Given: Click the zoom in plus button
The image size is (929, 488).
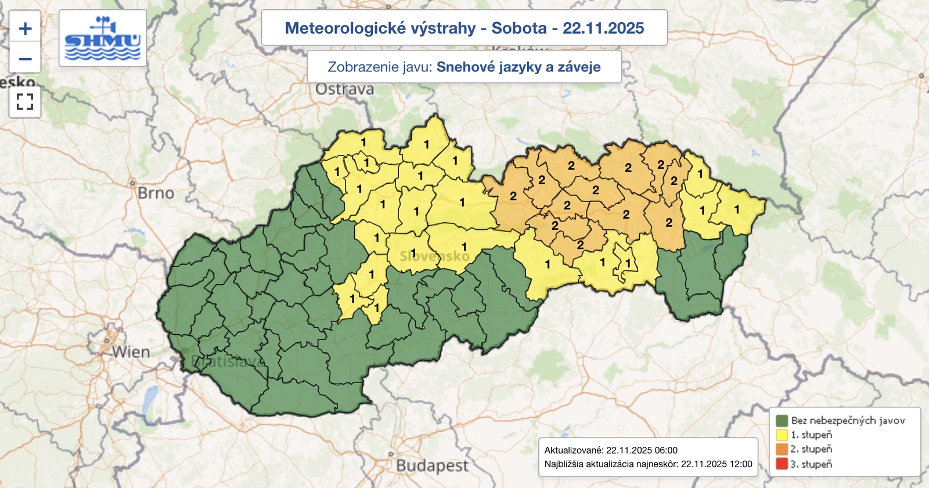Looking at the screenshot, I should click(x=25, y=28).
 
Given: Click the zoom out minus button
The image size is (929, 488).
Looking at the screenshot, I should click(x=25, y=59).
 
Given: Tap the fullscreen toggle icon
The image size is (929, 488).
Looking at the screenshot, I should click(x=25, y=102).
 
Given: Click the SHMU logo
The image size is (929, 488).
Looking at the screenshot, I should click(x=103, y=38).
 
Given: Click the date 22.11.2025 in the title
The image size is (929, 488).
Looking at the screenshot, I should click(x=603, y=28).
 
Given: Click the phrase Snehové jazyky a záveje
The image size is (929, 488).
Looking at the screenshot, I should click(x=518, y=67).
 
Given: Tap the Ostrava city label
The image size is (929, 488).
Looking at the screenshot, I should click(x=345, y=89).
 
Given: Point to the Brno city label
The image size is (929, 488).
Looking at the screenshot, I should click(x=156, y=193).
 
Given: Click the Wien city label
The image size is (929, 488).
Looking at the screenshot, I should click(x=131, y=352).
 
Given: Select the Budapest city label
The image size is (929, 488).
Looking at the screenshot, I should click(x=432, y=466).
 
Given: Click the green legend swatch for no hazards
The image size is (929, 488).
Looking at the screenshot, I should click(x=782, y=421).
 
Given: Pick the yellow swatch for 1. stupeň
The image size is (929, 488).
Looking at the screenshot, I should click(x=782, y=435).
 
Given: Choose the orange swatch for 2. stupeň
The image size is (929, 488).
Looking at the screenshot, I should click(x=782, y=449).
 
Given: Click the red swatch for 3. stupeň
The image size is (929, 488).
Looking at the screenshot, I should click(x=782, y=464).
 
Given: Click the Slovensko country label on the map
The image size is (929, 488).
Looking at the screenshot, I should click(x=434, y=256).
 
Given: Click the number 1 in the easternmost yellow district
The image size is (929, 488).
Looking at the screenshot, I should click(x=737, y=209).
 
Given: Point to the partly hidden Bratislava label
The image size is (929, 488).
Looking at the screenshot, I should click(x=227, y=362).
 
